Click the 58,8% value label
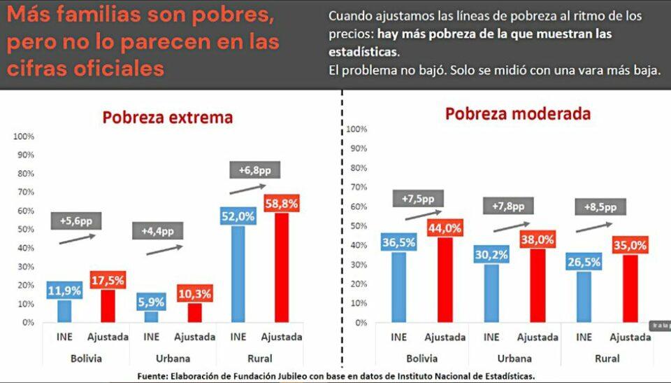pyautogui.click(x=281, y=204)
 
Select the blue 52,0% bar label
pyautogui.click(x=238, y=216)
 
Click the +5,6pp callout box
pyautogui.click(x=75, y=221)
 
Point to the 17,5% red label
pyautogui.click(x=107, y=280)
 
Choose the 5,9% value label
pyautogui.click(x=151, y=302)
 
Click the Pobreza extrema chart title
pyautogui.click(x=168, y=118)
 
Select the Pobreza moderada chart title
pyautogui.click(x=518, y=113)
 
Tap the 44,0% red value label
pyautogui.click(x=449, y=228)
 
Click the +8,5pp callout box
pyautogui.click(x=600, y=207)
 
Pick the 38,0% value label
pyautogui.click(x=537, y=239)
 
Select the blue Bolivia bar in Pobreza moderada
pyautogui.click(x=398, y=287)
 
